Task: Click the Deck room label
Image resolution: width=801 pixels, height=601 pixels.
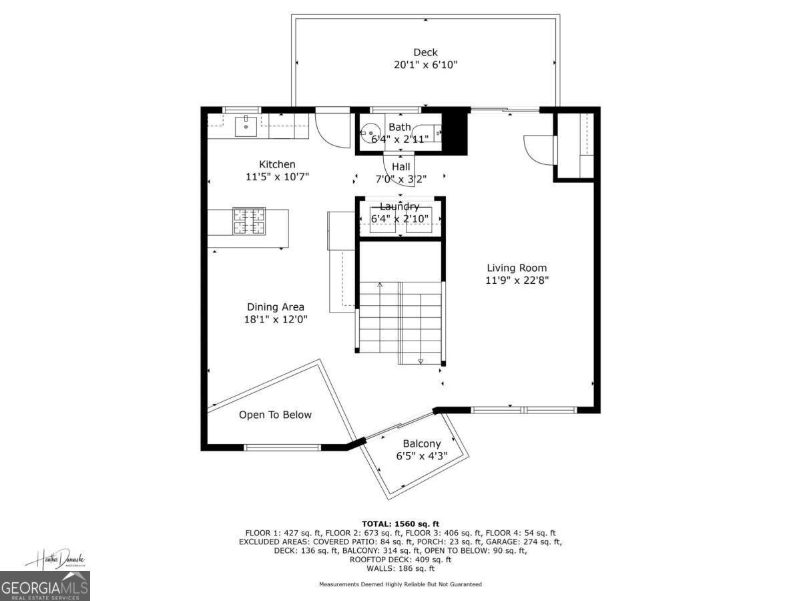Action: pos(425,53)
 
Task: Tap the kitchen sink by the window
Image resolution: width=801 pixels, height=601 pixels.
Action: pos(246,124)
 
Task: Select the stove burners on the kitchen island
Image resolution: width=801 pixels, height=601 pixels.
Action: pos(248,221)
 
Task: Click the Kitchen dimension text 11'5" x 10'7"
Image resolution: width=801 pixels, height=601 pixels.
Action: pos(277,177)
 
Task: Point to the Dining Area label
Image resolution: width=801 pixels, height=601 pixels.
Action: pos(276,307)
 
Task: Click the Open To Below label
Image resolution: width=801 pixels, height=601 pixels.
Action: pos(275,415)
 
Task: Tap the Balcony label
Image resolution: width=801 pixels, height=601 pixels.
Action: pos(421,444)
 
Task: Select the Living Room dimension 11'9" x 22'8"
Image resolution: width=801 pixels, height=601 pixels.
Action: pos(517,280)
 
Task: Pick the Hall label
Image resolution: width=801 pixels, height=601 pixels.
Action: pos(401,167)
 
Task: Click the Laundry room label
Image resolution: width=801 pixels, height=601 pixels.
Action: pos(399,206)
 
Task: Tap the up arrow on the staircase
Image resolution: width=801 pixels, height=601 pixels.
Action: pos(380,286)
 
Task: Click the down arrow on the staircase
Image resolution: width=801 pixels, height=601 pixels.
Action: pos(421,361)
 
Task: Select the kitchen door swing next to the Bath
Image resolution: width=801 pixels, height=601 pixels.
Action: pos(332,130)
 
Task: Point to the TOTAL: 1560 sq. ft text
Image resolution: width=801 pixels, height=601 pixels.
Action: pos(400,524)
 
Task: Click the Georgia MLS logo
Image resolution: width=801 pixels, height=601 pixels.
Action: pos(45,586)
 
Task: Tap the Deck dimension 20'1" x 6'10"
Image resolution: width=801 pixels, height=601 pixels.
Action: pos(425,65)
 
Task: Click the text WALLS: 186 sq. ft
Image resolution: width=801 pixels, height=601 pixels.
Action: pos(400,569)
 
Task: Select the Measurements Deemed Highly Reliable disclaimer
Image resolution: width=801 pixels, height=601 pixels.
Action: pos(400,584)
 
